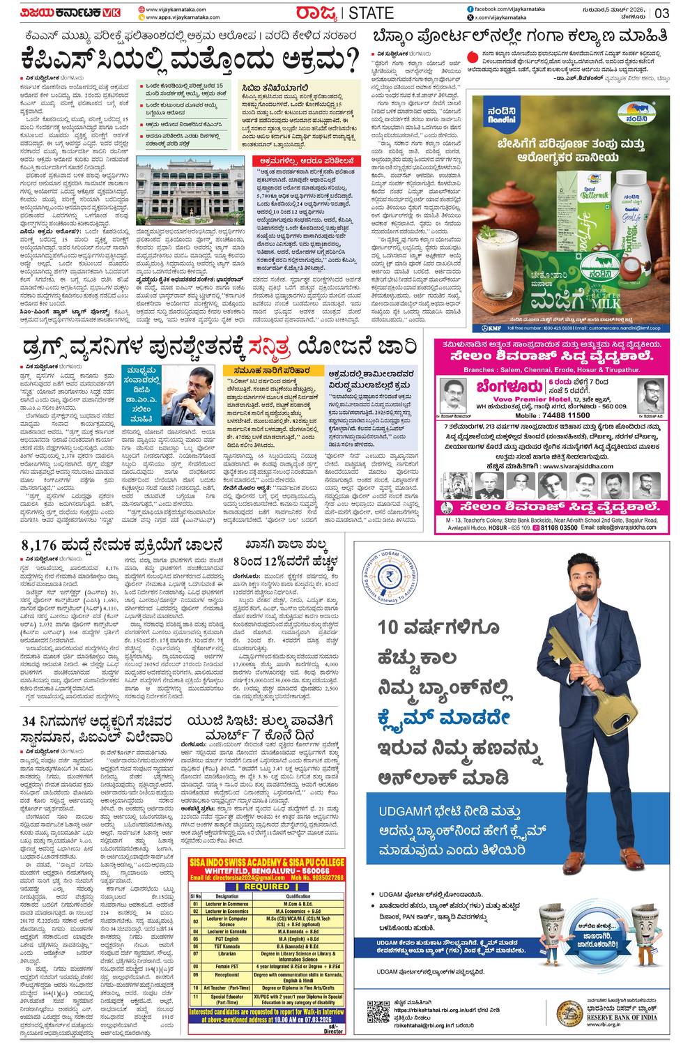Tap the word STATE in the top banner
tap(371, 13)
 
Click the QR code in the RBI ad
tap(378, 1011)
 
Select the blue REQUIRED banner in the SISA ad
tap(266, 886)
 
